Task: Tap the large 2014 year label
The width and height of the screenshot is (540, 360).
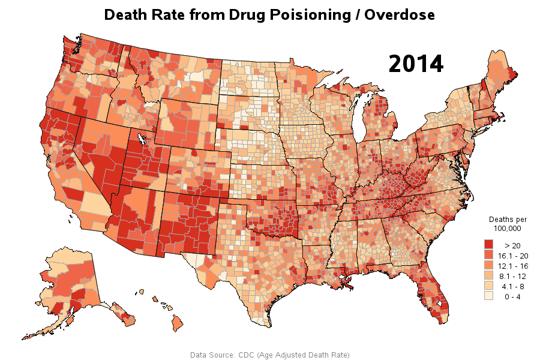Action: (x=416, y=64)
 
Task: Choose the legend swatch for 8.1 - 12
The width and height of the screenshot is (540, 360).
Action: (x=489, y=276)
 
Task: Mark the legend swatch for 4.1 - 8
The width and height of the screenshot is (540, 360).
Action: (x=489, y=286)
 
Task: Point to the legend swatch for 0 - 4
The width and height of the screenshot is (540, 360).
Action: (x=489, y=296)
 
